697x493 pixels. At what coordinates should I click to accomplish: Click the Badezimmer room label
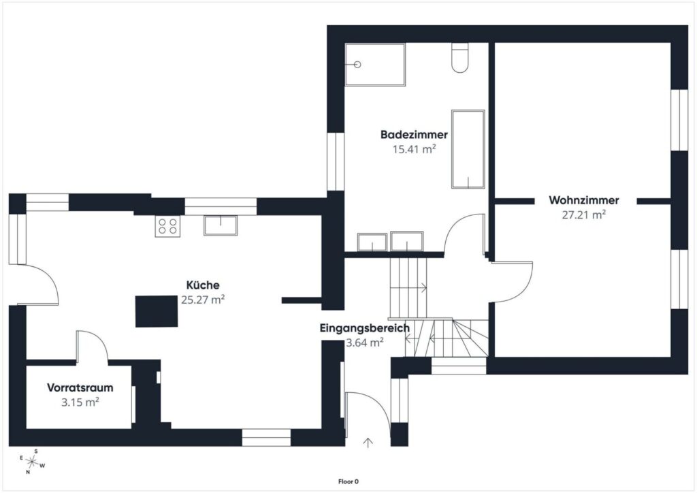pos(414,134)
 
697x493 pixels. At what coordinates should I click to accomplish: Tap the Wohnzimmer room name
pos(583,200)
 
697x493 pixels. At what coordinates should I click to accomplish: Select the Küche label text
pos(203,285)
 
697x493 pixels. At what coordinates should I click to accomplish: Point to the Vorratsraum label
pos(80,387)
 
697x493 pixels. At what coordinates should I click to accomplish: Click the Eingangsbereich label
pos(365,328)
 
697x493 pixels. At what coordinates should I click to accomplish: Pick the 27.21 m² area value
pos(583,214)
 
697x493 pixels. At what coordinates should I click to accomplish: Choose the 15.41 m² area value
pos(414,149)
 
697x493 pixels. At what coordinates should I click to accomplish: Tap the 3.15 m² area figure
pos(80,402)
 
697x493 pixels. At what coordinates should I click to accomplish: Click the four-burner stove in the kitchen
pos(167,226)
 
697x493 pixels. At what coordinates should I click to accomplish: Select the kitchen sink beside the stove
pos(221,225)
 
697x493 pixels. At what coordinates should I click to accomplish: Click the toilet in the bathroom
pos(460,57)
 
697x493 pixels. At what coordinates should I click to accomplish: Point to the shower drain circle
pos(357,65)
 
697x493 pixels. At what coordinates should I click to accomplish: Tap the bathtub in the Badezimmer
pos(468,149)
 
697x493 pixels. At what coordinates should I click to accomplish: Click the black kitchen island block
pos(157,311)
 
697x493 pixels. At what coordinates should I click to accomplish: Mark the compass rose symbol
pos(31,462)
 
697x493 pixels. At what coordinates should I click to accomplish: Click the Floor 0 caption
pos(348,481)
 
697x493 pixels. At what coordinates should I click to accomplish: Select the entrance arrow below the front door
pos(368,443)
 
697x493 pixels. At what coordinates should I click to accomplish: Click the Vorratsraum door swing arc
pos(99,341)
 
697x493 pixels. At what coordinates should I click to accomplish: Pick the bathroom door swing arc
pos(453,227)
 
